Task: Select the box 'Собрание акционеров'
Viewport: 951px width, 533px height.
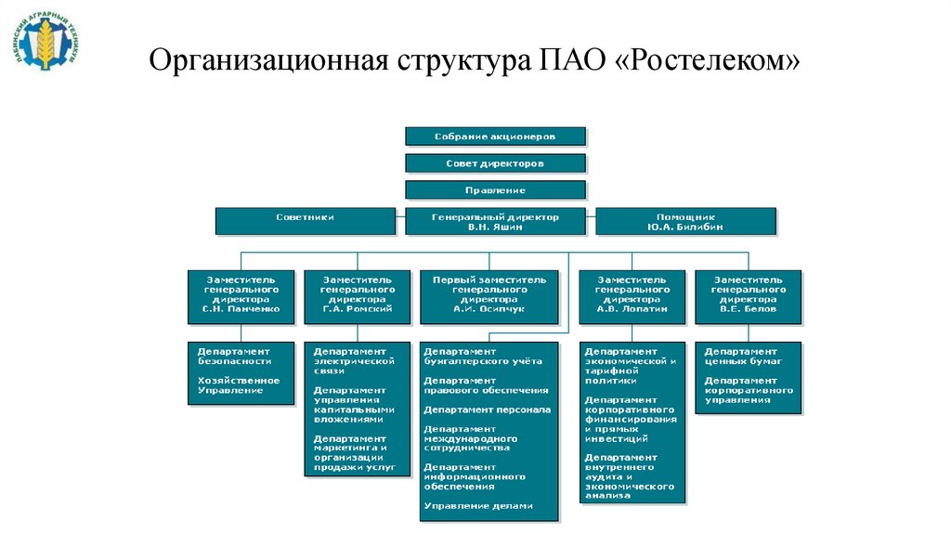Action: point(495,136)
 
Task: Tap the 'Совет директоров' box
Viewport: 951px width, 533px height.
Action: point(495,163)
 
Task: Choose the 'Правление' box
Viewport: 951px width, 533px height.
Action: point(495,190)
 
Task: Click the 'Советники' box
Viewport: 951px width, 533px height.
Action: point(305,221)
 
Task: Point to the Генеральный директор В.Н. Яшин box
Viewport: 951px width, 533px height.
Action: point(495,221)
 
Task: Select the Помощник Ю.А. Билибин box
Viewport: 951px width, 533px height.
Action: point(684,221)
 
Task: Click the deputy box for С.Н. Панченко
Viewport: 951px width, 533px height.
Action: point(241,296)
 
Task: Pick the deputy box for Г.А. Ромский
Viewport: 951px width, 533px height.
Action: point(357,296)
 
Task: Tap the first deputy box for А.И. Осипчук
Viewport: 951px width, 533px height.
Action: point(489,296)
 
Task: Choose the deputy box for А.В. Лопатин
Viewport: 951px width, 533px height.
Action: point(632,296)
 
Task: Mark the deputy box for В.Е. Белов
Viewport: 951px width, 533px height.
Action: point(748,296)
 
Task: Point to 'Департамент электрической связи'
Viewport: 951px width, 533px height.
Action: point(354,360)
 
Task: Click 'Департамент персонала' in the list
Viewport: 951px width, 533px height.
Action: point(488,409)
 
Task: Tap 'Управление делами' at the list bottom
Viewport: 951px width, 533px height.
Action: point(478,506)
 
